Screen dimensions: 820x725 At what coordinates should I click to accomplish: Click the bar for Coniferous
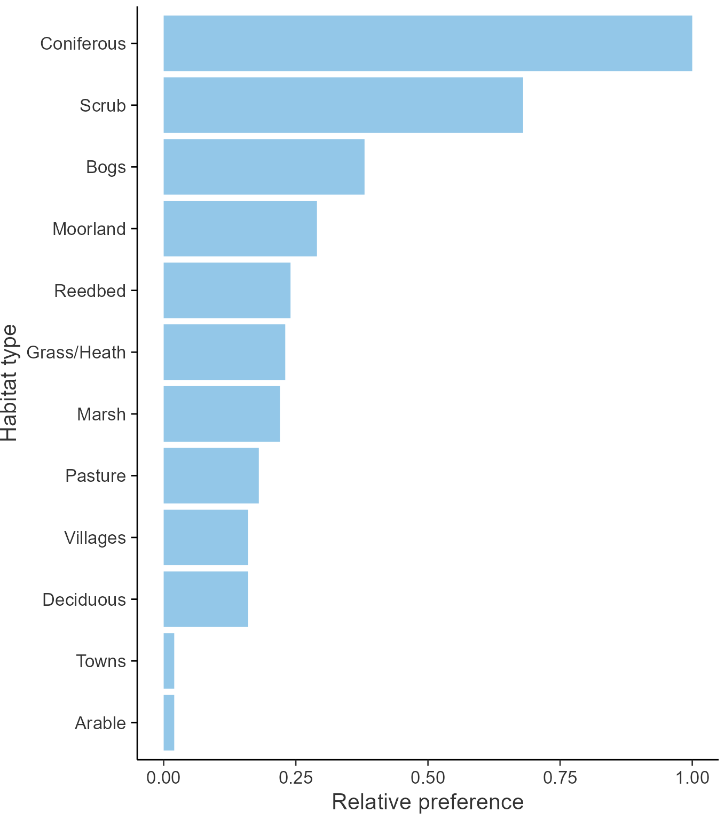point(427,43)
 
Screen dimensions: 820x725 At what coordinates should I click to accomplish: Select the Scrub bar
point(343,105)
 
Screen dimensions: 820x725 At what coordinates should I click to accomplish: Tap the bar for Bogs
point(264,167)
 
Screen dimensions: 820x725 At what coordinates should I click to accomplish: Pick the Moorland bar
point(240,229)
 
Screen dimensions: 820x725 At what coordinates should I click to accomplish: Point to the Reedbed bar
point(227,290)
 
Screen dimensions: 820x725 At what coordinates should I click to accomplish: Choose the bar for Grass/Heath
point(224,352)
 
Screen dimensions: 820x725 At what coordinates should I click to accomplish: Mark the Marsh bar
point(222,414)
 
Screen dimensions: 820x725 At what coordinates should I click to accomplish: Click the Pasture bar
point(211,475)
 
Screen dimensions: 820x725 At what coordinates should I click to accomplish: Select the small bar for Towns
point(169,661)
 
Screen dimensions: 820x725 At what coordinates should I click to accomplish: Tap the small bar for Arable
point(169,723)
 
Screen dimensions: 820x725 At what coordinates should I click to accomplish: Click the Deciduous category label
point(84,599)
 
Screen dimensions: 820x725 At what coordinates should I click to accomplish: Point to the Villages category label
point(95,537)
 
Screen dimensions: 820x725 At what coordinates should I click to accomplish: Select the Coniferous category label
point(83,43)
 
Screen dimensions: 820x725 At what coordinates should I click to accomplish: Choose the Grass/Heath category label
point(76,352)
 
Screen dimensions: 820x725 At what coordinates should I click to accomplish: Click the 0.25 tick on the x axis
point(295,777)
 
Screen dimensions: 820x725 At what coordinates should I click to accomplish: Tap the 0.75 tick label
point(560,777)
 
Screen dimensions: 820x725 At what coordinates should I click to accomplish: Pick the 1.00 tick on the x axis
point(692,777)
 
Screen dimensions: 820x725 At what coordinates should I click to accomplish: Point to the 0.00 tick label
point(163,777)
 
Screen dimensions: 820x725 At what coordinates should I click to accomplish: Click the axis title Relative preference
point(428,802)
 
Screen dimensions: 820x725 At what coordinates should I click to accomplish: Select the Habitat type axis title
point(10,382)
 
